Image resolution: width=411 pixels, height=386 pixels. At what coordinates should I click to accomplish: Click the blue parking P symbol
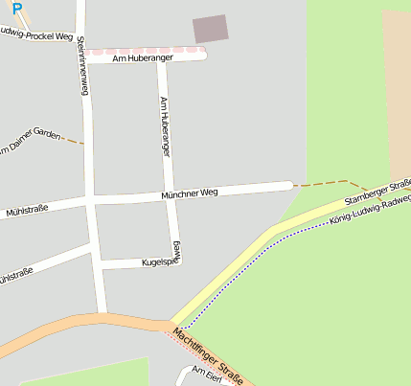16,8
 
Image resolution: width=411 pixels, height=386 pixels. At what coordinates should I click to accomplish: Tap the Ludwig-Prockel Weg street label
38,36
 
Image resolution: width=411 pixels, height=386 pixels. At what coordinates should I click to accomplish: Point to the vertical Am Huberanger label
165,126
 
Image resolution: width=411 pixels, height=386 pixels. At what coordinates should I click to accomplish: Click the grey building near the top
211,29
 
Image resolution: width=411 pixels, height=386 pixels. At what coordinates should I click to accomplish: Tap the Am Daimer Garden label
29,143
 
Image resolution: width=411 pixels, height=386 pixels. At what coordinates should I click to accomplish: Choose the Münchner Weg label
190,193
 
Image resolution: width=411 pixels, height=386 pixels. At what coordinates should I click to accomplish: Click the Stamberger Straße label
377,191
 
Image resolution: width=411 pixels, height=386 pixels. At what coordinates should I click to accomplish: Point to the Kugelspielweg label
158,261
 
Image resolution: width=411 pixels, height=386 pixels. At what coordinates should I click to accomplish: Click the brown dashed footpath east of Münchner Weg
331,182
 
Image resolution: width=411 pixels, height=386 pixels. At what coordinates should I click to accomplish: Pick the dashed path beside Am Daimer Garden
72,141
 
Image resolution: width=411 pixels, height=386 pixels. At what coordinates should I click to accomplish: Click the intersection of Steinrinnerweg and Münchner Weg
91,201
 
